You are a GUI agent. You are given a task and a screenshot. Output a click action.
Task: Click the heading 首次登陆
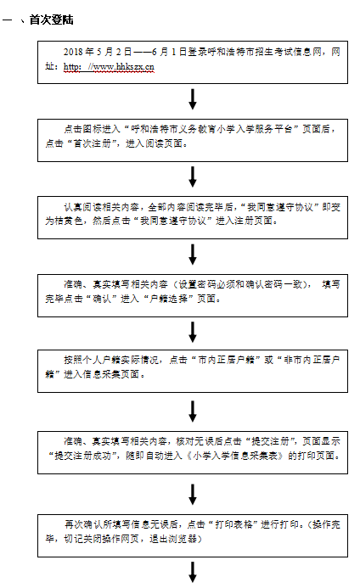tap(51, 20)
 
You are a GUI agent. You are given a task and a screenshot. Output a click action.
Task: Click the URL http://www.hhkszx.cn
tap(109, 67)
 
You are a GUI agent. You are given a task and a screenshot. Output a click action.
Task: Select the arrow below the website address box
tap(193, 99)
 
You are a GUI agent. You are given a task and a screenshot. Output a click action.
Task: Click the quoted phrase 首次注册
tap(92, 143)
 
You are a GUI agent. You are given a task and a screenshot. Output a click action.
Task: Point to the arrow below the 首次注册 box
tap(193, 177)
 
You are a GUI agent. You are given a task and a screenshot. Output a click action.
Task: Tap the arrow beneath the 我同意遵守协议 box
tap(193, 255)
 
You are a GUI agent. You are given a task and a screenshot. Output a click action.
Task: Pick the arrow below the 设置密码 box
tap(193, 332)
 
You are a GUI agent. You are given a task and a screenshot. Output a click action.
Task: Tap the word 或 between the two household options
tap(269, 360)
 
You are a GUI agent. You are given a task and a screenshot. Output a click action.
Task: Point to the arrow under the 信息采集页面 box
tap(193, 412)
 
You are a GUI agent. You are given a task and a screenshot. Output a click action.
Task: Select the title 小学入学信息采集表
tap(235, 456)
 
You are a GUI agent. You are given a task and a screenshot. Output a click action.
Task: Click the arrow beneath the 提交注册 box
tap(193, 495)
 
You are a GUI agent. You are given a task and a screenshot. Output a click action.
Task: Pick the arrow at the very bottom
tap(193, 572)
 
